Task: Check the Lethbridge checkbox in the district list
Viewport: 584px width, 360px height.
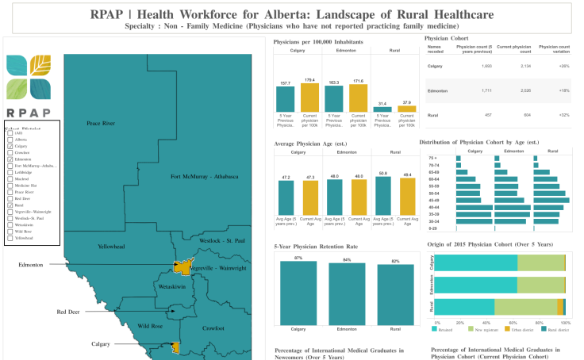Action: pyautogui.click(x=10, y=172)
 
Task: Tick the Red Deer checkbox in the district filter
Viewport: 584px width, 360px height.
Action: pyautogui.click(x=10, y=198)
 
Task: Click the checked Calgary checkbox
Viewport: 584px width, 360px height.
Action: pyautogui.click(x=10, y=146)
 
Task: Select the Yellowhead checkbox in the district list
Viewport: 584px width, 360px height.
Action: pyautogui.click(x=10, y=238)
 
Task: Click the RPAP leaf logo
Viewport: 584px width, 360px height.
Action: pyautogui.click(x=29, y=77)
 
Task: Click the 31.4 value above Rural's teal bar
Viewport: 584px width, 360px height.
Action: pyautogui.click(x=382, y=103)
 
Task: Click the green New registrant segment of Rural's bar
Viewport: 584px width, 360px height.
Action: pyautogui.click(x=525, y=306)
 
